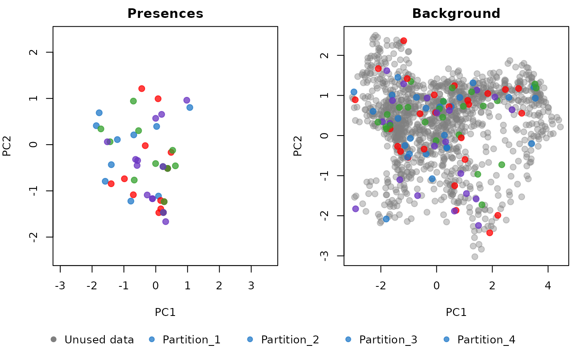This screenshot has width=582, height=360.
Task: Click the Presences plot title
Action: click(165, 14)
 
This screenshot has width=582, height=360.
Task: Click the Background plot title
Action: click(456, 14)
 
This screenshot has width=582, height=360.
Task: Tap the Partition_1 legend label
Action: click(191, 340)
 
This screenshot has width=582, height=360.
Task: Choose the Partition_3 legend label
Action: click(388, 340)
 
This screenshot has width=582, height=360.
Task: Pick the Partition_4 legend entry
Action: click(486, 340)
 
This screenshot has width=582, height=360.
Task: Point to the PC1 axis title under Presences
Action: click(165, 312)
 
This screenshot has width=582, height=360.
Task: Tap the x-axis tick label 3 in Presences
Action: click(251, 286)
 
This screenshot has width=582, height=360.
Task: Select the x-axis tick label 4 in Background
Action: click(548, 286)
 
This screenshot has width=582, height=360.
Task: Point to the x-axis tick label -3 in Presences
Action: click(60, 286)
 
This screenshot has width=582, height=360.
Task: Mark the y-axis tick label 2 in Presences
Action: click(34, 52)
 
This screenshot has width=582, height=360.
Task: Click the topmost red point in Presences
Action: click(141, 89)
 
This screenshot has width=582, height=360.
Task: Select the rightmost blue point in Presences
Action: click(190, 107)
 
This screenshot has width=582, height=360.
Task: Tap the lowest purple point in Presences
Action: click(165, 222)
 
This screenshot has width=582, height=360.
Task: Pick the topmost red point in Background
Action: click(403, 41)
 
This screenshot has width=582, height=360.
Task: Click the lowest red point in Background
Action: click(490, 232)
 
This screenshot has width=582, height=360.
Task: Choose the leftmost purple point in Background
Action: click(355, 209)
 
